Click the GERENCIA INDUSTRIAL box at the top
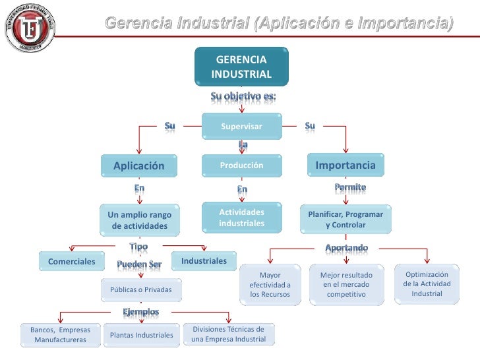(x=241, y=67)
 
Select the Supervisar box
(x=241, y=126)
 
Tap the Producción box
(x=241, y=165)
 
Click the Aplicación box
(x=138, y=166)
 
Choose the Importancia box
(x=345, y=165)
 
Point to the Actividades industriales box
(x=241, y=218)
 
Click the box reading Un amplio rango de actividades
(x=140, y=220)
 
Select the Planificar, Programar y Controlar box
(x=345, y=220)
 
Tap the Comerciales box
(x=71, y=262)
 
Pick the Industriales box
(x=204, y=261)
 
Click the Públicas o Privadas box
(x=140, y=289)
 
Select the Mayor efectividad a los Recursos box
(x=270, y=285)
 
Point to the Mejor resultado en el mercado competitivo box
(x=346, y=285)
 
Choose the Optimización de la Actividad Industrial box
(x=427, y=284)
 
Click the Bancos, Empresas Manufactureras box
(x=61, y=334)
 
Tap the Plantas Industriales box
(x=141, y=336)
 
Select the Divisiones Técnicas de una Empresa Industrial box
(x=228, y=334)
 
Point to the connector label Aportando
(x=347, y=247)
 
